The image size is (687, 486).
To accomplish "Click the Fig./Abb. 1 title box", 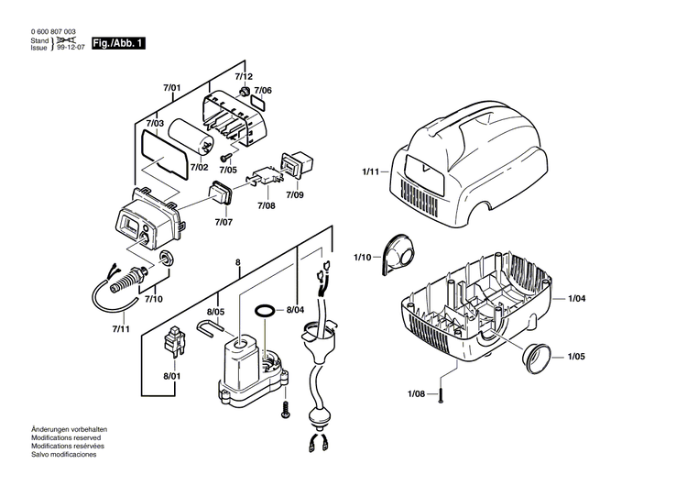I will point(118,43).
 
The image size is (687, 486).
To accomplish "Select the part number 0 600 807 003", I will point(60,32).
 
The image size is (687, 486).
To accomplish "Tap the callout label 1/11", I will point(370,171).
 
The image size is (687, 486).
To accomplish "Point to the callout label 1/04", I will point(577,299).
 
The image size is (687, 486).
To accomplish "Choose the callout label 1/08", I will point(417,393).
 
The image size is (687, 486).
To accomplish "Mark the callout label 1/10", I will point(363,258).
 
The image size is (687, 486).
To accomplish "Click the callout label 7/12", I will point(243,76).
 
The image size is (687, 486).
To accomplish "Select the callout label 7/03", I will point(155,123).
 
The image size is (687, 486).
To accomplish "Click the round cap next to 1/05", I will point(536,357).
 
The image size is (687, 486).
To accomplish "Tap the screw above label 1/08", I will point(441,393).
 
